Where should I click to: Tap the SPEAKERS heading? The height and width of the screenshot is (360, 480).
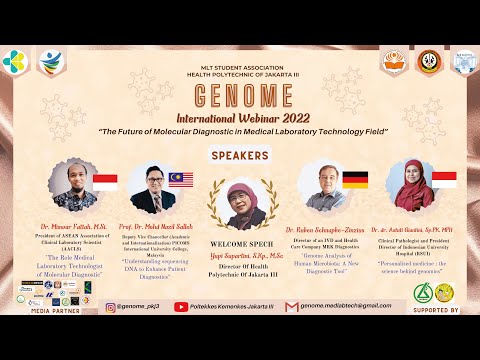(240, 155)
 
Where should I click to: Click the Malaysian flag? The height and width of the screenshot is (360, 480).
(181, 180)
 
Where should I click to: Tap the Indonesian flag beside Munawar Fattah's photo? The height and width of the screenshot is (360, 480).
(104, 181)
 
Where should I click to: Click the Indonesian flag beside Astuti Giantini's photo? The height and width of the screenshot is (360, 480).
(443, 180)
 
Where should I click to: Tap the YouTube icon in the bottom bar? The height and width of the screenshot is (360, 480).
(181, 307)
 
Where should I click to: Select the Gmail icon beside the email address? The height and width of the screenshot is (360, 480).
(292, 307)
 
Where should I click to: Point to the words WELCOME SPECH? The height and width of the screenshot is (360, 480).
(240, 244)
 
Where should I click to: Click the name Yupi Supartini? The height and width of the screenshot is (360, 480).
(240, 255)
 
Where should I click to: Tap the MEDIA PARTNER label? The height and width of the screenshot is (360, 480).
(54, 311)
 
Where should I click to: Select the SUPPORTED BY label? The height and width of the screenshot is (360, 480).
(433, 311)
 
